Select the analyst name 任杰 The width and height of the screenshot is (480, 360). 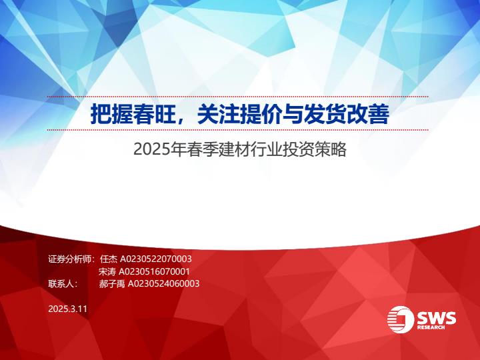(x=109, y=259)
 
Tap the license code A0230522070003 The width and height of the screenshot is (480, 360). (x=156, y=259)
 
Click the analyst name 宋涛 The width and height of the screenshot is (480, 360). (x=107, y=271)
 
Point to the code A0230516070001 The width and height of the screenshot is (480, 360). (x=154, y=271)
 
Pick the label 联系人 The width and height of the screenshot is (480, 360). (x=61, y=284)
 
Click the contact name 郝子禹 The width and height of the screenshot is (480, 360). (x=112, y=284)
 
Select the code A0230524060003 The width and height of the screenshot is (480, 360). (x=163, y=284)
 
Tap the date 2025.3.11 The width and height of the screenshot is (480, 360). (x=67, y=309)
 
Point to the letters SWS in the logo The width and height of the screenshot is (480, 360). (x=436, y=318)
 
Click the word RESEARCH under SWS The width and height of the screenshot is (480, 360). (x=431, y=327)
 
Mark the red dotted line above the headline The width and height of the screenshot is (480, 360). (x=237, y=97)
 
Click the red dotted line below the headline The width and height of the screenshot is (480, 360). (x=237, y=130)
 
